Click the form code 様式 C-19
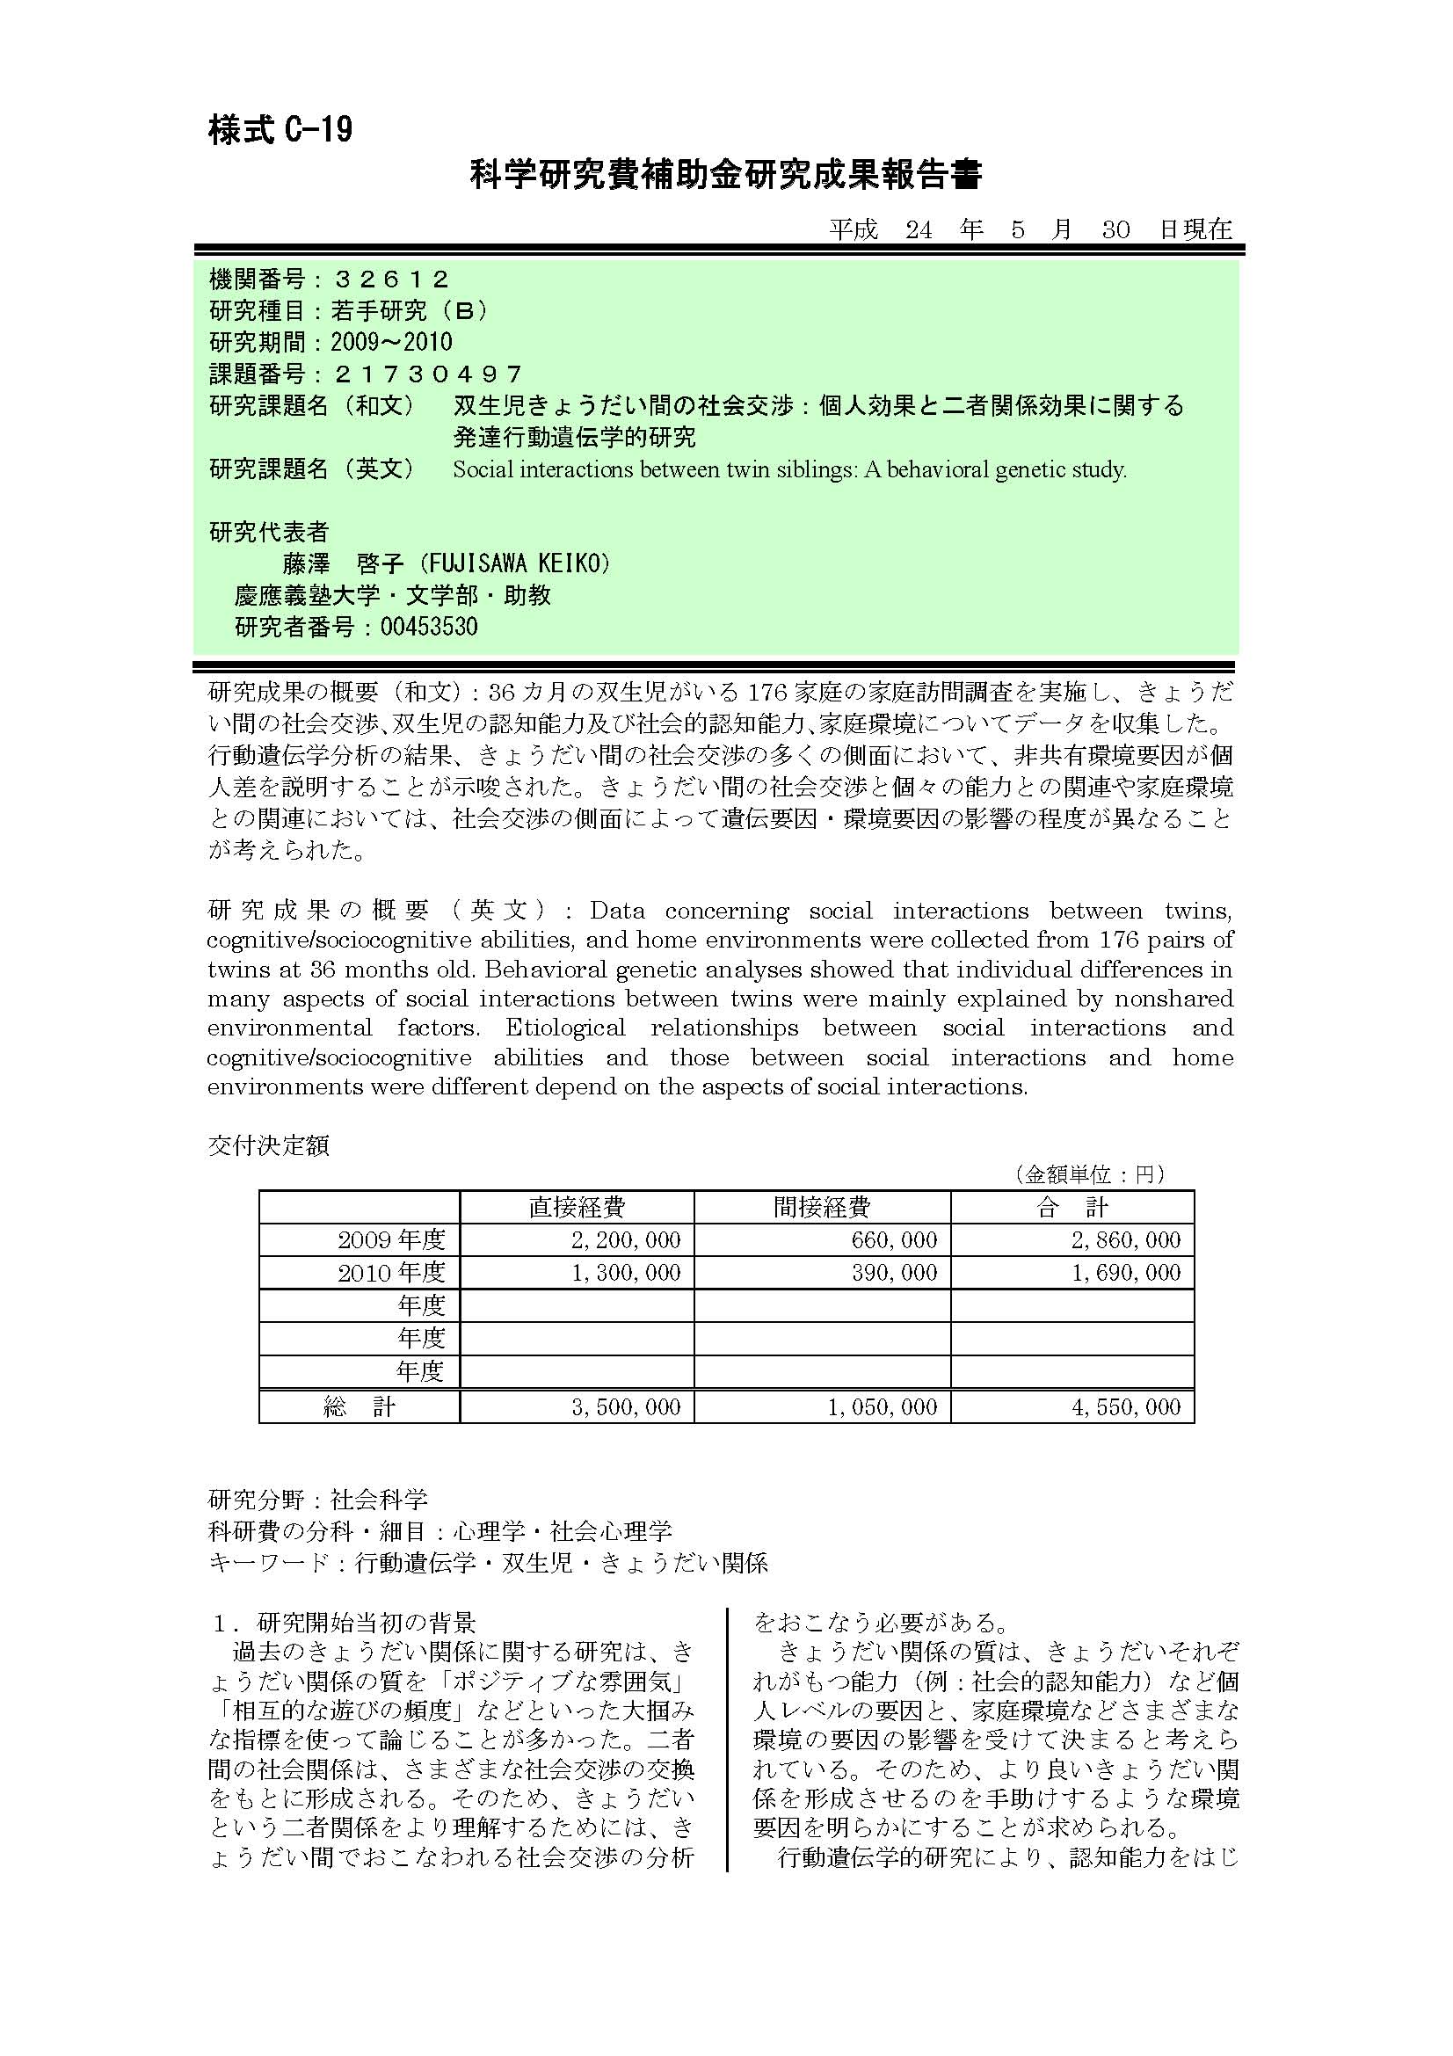click(280, 132)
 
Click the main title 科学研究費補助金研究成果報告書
click(726, 176)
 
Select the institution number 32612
click(390, 280)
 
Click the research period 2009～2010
click(391, 342)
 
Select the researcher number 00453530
click(429, 626)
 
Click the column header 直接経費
click(577, 1207)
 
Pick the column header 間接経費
click(822, 1207)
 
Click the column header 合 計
click(1072, 1207)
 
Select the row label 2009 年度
click(391, 1240)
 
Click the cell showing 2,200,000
click(626, 1240)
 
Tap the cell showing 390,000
click(894, 1273)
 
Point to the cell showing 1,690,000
click(1126, 1273)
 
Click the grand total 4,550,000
click(1126, 1406)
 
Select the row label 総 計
click(359, 1406)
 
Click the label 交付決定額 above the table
click(269, 1145)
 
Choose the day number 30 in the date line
click(1115, 230)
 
